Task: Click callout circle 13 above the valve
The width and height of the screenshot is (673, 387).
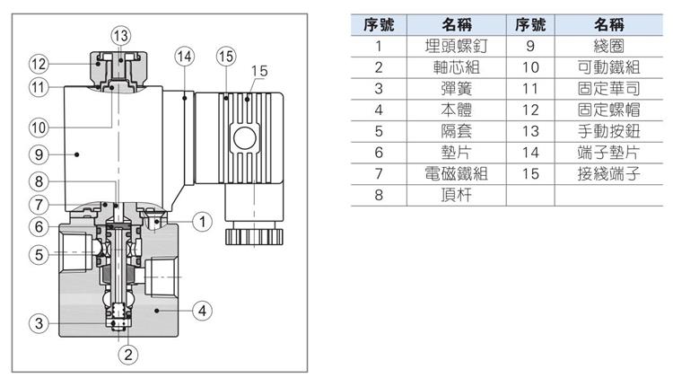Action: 120,36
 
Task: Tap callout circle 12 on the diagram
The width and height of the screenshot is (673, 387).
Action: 38,64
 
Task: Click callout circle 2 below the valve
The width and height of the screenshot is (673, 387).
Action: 128,354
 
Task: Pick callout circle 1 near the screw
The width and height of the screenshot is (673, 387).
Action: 204,220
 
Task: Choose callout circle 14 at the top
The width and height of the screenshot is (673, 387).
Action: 184,56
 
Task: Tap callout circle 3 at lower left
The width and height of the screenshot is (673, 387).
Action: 38,324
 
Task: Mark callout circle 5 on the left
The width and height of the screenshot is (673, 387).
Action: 38,255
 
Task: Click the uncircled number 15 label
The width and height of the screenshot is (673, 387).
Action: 259,70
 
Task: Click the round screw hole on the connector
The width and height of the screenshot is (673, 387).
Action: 243,139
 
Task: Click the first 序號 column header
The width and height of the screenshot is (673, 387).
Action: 380,24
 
